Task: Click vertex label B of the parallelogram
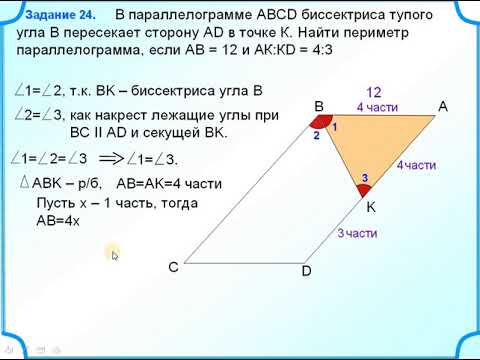click(318, 107)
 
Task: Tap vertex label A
click(442, 107)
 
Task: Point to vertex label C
click(173, 267)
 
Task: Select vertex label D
click(307, 271)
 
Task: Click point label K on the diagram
click(369, 208)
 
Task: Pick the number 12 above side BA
click(375, 91)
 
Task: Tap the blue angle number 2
click(316, 135)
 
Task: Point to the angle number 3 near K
click(364, 178)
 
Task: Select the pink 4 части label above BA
click(376, 107)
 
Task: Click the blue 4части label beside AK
click(416, 164)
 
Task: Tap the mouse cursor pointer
click(115, 255)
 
